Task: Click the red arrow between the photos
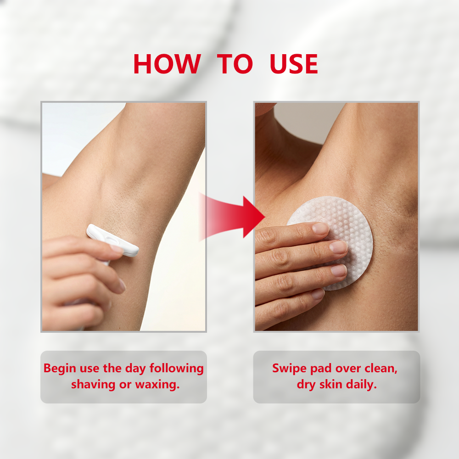point(232,217)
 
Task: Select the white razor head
point(112,240)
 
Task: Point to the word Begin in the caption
point(60,369)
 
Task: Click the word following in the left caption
point(177,369)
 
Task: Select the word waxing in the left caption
point(157,385)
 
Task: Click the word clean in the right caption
point(381,369)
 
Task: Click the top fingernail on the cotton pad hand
point(320,228)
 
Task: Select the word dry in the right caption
point(306,385)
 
